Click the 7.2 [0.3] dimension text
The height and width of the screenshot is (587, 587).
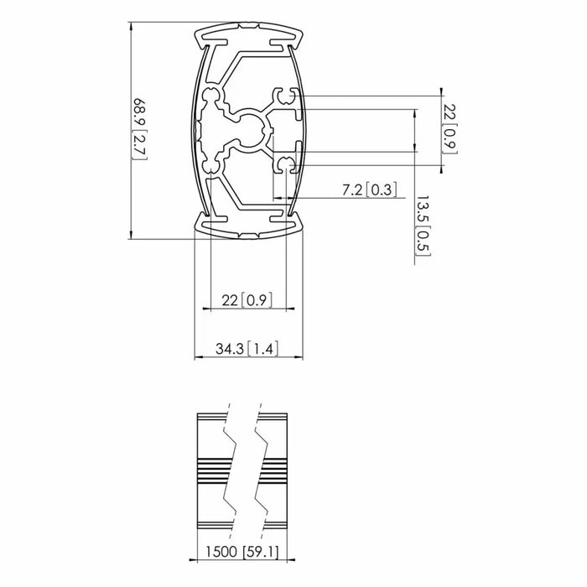point(369,189)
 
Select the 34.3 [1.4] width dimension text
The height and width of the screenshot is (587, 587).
point(249,348)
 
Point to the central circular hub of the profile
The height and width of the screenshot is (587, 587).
point(249,132)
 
